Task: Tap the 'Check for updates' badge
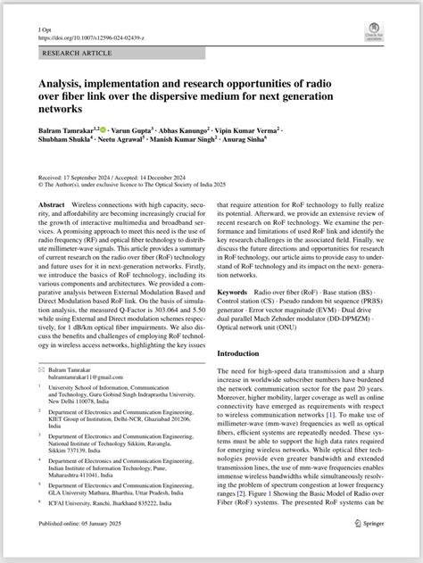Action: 374,34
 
